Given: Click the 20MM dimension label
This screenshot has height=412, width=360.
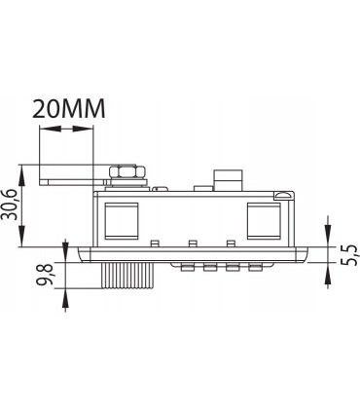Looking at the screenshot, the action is (x=69, y=108).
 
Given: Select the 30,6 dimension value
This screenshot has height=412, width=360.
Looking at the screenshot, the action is (x=11, y=205).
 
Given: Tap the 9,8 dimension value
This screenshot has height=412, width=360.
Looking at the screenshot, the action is (x=46, y=275).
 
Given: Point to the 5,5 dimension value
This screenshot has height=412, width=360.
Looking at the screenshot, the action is (x=349, y=255).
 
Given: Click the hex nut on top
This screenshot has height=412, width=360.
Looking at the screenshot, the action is (x=127, y=172).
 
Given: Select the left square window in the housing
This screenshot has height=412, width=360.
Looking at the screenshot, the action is (x=122, y=221).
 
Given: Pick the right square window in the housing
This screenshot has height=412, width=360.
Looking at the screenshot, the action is (x=264, y=221).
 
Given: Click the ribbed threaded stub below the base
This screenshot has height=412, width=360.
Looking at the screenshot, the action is (x=126, y=276).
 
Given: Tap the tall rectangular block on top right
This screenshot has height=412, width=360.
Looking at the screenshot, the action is (x=228, y=180).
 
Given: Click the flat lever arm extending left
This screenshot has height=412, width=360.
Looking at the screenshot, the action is (x=74, y=182).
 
